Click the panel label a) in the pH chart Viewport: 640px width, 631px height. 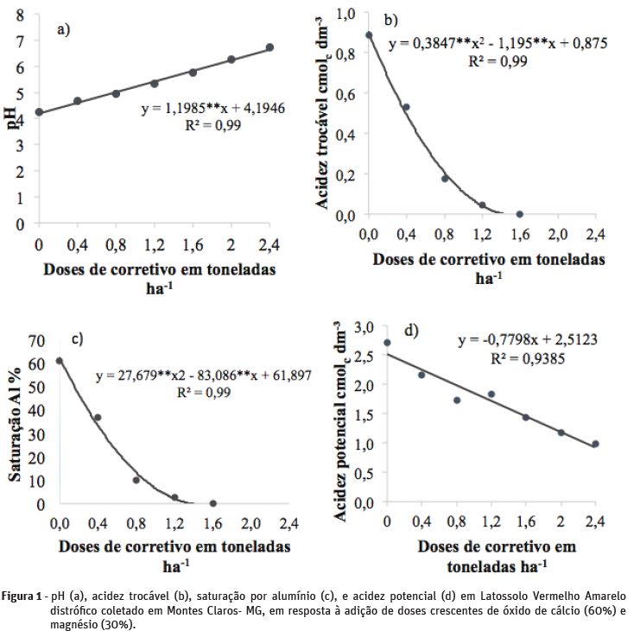pyautogui.click(x=63, y=30)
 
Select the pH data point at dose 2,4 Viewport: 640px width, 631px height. pyautogui.click(x=269, y=47)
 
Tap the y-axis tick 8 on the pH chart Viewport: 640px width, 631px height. pyautogui.click(x=19, y=15)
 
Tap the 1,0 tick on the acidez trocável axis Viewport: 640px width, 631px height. pyautogui.click(x=346, y=15)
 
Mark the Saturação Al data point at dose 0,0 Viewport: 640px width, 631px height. pyautogui.click(x=59, y=361)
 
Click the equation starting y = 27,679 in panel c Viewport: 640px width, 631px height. pyautogui.click(x=203, y=375)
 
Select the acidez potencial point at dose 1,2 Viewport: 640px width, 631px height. pyautogui.click(x=491, y=394)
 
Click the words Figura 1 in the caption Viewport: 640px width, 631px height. pyautogui.click(x=23, y=596)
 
